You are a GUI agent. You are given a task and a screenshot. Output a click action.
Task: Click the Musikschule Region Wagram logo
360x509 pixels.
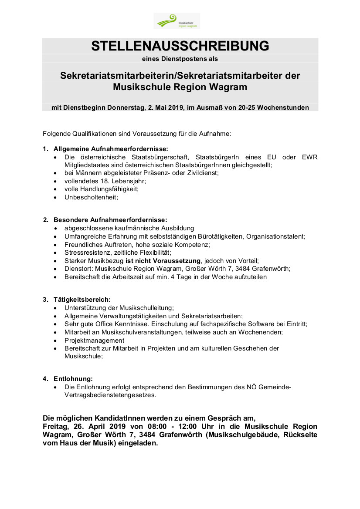pos(177,21)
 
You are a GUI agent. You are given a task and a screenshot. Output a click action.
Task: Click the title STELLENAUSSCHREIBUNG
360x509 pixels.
pos(180,46)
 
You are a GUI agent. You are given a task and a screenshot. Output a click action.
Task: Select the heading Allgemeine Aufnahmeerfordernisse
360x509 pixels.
pos(111,149)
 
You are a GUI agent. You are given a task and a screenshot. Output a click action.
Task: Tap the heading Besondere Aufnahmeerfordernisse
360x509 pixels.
pos(110,220)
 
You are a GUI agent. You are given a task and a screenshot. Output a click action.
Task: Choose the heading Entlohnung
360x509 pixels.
pos(73,379)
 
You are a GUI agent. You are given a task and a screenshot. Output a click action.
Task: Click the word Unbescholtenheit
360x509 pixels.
pos(91,197)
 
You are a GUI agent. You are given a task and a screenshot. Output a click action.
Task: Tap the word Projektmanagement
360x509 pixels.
pos(94,340)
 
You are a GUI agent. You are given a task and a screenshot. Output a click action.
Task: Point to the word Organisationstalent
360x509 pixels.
pos(275,236)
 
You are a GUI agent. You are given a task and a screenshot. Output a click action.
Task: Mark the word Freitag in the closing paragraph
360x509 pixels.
pos(54,426)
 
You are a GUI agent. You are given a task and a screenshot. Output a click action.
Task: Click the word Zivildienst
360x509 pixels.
pos(201,173)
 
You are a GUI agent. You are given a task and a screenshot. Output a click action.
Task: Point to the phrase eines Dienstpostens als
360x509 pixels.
pos(180,58)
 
